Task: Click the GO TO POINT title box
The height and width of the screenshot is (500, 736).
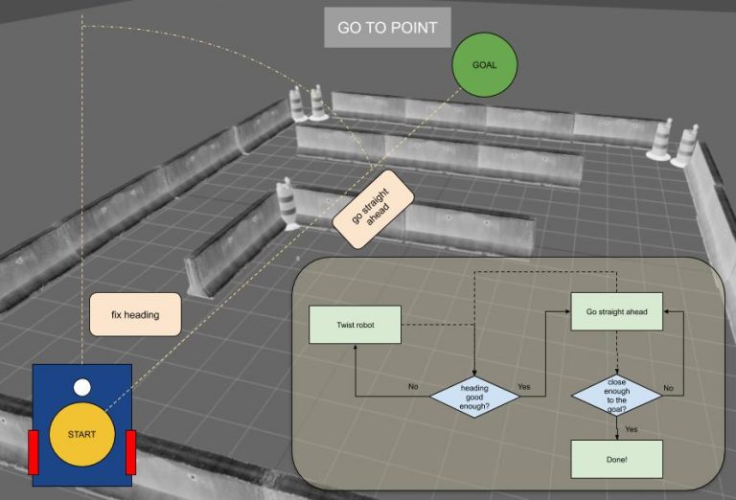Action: (x=387, y=27)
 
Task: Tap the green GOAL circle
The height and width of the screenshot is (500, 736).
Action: (x=484, y=65)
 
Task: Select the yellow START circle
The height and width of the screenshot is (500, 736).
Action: (x=82, y=434)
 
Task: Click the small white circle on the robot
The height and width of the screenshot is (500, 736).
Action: (x=82, y=387)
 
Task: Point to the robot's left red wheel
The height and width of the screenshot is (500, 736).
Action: (x=34, y=452)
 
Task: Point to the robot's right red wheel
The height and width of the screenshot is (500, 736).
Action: (x=131, y=452)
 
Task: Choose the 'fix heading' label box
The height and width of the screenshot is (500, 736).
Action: (x=135, y=315)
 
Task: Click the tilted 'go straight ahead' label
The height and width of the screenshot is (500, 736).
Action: (x=373, y=209)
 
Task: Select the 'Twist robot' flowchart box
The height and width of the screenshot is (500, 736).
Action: (x=355, y=325)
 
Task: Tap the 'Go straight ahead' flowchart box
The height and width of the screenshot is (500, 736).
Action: (x=617, y=311)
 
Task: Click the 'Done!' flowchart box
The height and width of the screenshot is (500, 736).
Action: (x=617, y=459)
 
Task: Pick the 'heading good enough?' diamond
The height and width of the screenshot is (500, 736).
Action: (x=474, y=397)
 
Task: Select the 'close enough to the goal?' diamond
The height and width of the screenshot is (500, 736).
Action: (x=616, y=396)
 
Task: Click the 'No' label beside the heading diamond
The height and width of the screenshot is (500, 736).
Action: (x=413, y=386)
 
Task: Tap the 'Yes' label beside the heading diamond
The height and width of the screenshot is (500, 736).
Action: (x=524, y=386)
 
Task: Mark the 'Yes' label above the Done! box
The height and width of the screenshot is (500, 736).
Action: (x=632, y=429)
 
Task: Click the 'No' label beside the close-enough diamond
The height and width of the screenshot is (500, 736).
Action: (x=668, y=388)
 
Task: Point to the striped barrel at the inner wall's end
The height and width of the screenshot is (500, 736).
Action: (x=286, y=205)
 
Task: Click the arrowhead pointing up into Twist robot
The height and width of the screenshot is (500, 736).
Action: (x=356, y=348)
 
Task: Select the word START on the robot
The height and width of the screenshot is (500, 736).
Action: (x=82, y=434)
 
